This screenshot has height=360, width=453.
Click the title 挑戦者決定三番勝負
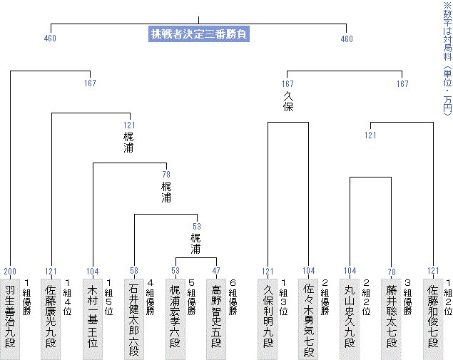click(x=199, y=34)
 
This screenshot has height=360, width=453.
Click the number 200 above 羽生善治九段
click(x=10, y=272)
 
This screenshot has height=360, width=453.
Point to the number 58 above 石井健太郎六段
click(x=134, y=272)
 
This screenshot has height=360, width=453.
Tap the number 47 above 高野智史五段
click(x=217, y=272)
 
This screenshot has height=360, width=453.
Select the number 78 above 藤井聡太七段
click(x=392, y=272)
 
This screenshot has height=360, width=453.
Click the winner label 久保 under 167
click(x=288, y=103)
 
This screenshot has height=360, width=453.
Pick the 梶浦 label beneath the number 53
click(x=196, y=245)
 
